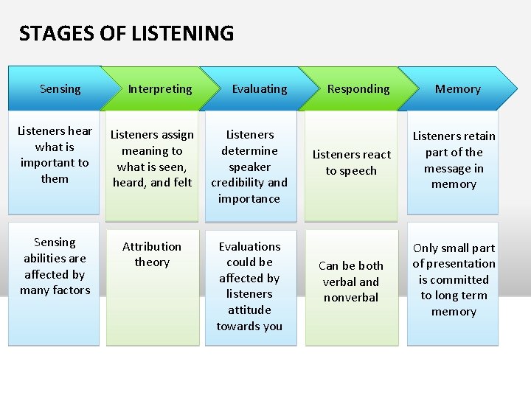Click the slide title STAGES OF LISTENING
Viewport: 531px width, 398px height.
(x=126, y=34)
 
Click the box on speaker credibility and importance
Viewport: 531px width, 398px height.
(x=250, y=166)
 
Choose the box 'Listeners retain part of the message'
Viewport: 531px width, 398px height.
(x=453, y=164)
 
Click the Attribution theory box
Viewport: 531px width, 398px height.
(x=152, y=284)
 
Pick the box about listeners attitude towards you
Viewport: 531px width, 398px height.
(x=250, y=286)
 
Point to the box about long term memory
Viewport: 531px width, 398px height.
(x=453, y=284)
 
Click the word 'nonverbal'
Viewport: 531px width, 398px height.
(x=351, y=298)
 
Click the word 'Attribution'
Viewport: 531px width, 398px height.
(x=152, y=246)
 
